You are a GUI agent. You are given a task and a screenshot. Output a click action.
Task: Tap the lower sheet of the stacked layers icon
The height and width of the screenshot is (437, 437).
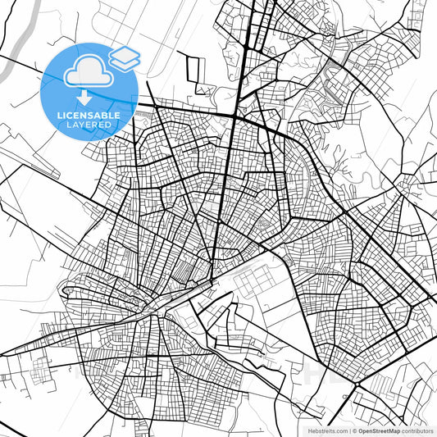[125, 62]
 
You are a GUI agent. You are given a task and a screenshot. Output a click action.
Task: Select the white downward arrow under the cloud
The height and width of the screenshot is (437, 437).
[88, 96]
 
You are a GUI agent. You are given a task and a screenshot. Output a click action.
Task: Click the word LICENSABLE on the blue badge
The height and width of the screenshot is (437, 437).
[89, 116]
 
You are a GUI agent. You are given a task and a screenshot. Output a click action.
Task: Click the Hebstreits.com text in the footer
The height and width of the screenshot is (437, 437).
[328, 430]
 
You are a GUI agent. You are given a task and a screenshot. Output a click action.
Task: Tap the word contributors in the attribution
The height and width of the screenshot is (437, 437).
[417, 430]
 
